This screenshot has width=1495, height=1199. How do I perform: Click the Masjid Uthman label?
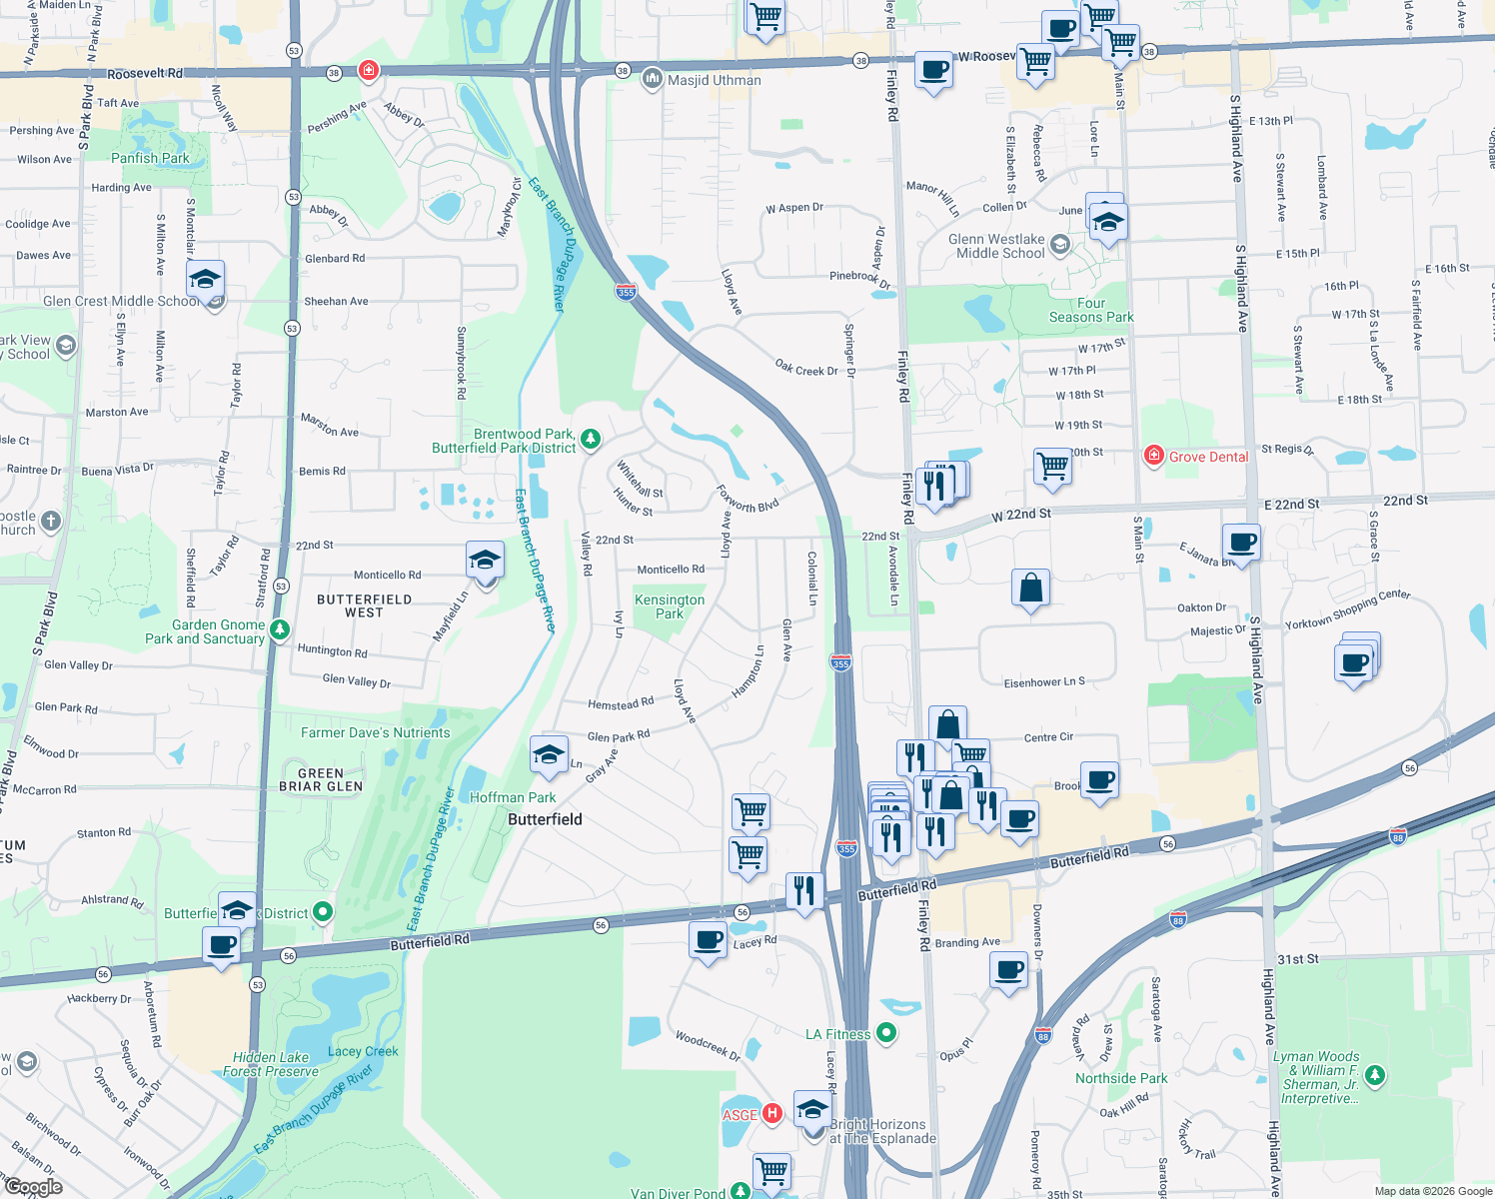tap(715, 80)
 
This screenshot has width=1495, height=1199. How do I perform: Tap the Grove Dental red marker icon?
tap(1153, 456)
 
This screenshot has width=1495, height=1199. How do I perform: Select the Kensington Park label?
tap(670, 606)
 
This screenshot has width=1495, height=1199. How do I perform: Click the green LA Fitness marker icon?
tap(885, 1032)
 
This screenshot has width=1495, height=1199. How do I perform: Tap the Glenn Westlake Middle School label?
tap(996, 246)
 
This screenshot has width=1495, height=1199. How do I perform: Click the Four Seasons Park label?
tap(1091, 310)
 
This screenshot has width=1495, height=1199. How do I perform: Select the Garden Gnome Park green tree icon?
tap(280, 629)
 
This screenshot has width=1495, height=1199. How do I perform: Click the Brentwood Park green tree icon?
tap(591, 439)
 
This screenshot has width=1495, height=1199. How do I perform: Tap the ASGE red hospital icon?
tap(771, 1113)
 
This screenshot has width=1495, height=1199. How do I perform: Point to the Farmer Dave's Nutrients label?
tap(376, 732)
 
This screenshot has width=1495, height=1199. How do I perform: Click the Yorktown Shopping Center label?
tap(1347, 608)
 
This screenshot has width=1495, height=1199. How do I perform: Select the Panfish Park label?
tap(150, 158)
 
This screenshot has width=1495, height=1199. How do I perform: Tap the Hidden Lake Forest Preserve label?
tap(271, 1064)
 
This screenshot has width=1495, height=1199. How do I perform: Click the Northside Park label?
tap(1121, 1078)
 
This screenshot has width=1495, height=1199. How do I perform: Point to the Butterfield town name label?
tap(545, 819)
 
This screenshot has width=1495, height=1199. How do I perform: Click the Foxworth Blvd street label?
tap(747, 499)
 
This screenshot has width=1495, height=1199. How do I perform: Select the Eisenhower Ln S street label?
tap(1044, 682)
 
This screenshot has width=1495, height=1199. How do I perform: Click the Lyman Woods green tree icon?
tap(1376, 1075)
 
